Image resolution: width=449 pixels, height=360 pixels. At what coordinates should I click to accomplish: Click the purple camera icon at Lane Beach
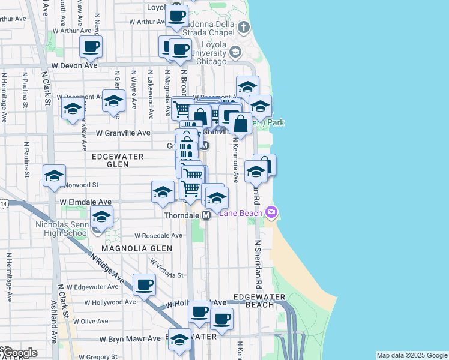[x=271, y=212]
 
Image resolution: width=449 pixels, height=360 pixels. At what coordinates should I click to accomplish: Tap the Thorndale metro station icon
[x=206, y=215]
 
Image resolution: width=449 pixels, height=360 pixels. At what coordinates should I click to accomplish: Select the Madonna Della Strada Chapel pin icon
[x=243, y=28]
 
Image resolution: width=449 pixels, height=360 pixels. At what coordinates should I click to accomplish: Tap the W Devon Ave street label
[x=74, y=65]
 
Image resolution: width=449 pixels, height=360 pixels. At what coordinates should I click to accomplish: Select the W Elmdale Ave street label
[x=85, y=202]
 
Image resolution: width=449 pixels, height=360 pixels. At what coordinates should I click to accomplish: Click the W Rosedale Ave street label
[x=158, y=236]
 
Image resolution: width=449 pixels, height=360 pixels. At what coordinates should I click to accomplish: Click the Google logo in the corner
[x=19, y=352]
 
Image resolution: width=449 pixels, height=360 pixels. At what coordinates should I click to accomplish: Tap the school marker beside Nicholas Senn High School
[x=101, y=217]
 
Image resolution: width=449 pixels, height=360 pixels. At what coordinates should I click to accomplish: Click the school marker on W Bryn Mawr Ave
[x=179, y=340]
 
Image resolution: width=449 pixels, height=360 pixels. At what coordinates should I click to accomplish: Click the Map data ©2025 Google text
[x=411, y=355]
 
